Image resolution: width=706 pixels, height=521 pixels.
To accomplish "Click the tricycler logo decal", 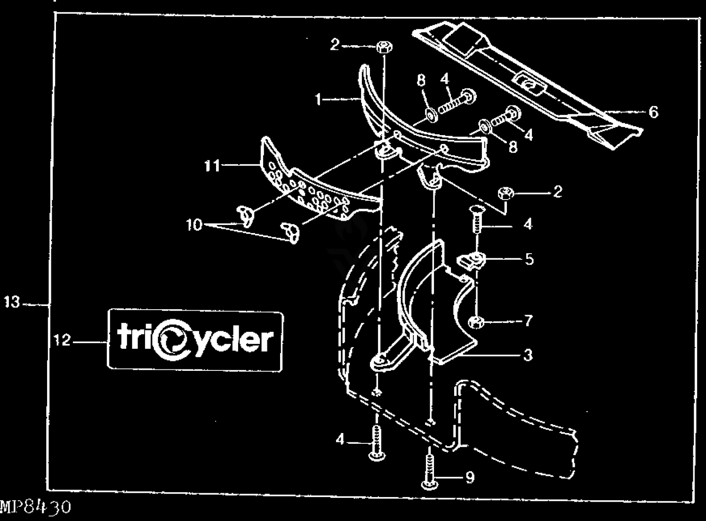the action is tap(195, 340).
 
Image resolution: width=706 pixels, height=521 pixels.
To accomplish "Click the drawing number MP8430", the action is tap(35, 508).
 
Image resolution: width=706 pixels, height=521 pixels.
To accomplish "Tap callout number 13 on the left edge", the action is tap(12, 302).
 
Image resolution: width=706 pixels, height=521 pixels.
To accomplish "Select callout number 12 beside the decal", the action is tap(62, 340).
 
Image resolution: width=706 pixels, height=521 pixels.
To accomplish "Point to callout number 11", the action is tap(212, 165).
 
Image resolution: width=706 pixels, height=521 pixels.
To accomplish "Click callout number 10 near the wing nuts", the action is tap(194, 225).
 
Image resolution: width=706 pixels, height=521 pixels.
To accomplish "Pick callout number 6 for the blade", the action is tap(653, 112).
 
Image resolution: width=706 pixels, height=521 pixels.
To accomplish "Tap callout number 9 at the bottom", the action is tap(469, 478).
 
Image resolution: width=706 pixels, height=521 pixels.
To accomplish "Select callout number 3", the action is tap(528, 355).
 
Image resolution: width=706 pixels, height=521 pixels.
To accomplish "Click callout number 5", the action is tap(529, 259).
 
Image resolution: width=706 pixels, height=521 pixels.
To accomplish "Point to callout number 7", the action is tap(529, 321).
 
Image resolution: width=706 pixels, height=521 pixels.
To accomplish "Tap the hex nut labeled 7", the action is tap(476, 322).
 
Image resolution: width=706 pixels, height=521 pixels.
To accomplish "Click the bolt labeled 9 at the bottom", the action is tap(429, 471).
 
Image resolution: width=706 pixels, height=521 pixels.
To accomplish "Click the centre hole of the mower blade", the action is tap(528, 84).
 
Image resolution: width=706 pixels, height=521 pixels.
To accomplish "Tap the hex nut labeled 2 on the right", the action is tap(505, 193).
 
